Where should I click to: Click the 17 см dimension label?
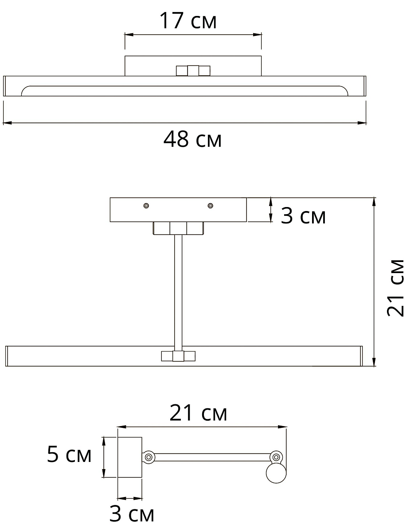point(188,20)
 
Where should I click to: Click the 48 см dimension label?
point(192,139)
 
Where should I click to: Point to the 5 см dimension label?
point(69,454)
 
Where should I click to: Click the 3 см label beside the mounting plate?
point(303,215)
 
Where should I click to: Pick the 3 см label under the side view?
point(132,514)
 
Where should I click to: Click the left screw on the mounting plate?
point(146,206)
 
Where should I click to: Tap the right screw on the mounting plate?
point(210,206)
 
